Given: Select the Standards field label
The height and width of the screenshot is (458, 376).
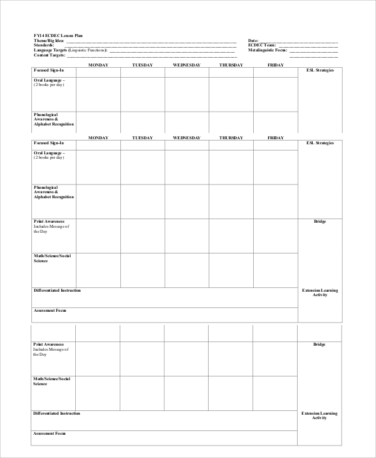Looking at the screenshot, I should point(44,46).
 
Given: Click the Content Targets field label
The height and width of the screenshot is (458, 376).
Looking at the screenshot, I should point(49,55).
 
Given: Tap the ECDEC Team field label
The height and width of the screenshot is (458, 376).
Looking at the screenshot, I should point(262,46).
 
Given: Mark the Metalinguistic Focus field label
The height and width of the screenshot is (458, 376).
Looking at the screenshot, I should point(268,50).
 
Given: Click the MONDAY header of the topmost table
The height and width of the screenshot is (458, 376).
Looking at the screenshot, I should point(98,65).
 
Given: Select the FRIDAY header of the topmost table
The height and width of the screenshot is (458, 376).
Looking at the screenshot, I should point(275,65).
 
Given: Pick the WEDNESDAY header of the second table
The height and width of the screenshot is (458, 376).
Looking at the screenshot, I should point(186,137).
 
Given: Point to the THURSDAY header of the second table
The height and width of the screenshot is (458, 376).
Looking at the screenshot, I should point(231,137).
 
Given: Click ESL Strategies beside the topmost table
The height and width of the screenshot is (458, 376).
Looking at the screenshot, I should point(320,70).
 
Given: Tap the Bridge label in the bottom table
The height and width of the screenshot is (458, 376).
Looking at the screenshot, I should point(320,344).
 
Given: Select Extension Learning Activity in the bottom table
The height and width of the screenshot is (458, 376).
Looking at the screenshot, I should point(320,415).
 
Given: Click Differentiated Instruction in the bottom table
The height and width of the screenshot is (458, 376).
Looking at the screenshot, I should point(56,413).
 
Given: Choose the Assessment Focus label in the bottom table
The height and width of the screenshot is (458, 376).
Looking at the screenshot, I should point(50,434).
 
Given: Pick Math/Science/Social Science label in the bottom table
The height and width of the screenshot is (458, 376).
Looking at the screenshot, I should point(51,381).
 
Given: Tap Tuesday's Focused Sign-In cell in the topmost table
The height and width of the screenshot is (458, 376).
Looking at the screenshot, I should point(142,73).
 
